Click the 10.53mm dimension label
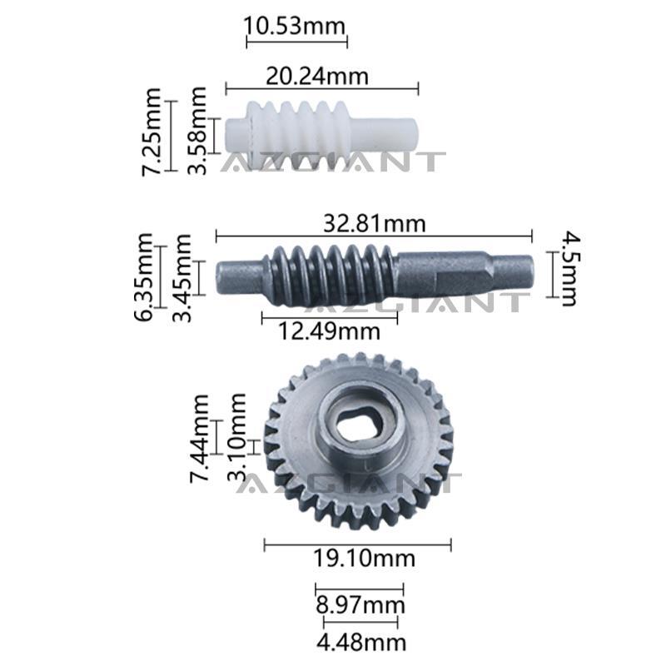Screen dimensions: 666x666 coord(295,26)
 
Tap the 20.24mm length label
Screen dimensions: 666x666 coord(317,77)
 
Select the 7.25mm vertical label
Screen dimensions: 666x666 coord(152,132)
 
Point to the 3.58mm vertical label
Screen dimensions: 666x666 coord(197,131)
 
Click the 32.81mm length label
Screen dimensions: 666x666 coord(374,223)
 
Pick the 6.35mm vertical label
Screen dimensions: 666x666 coord(143,277)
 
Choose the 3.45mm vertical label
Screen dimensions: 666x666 coord(181,278)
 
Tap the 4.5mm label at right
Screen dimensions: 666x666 coord(569,268)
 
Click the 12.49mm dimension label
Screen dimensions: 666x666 coord(329,331)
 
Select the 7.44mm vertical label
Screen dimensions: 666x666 coord(199,439)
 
